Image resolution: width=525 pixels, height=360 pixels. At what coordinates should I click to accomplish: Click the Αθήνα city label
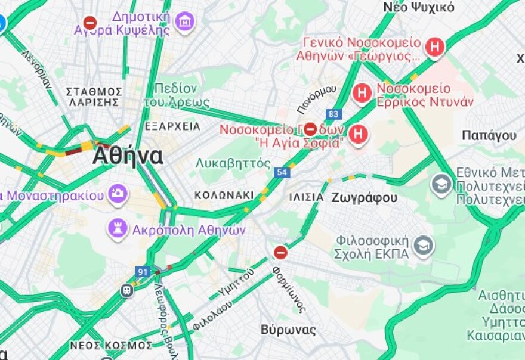tap(127, 156)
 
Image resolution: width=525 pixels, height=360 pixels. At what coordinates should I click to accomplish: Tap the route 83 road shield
tap(333, 113)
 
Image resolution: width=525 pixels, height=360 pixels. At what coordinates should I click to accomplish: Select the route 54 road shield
tap(282, 172)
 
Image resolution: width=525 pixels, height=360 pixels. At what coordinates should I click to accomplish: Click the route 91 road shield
tap(142, 272)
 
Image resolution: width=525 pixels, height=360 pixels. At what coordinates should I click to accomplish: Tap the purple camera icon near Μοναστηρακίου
tap(118, 194)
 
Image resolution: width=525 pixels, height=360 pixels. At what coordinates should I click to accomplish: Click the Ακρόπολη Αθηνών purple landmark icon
tap(118, 228)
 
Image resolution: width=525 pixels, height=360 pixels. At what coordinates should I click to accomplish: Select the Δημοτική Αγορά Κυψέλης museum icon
tap(186, 22)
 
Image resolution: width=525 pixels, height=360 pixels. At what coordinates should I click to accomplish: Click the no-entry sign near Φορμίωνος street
tap(280, 253)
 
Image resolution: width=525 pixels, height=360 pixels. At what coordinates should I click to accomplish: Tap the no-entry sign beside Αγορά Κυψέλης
tap(89, 23)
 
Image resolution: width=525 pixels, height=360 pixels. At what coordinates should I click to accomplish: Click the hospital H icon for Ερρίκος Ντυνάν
tap(362, 93)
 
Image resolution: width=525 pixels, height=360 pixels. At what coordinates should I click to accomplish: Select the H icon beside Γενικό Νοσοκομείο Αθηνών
tap(436, 47)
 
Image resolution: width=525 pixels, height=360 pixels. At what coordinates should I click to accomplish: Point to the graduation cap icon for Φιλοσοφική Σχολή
tap(423, 246)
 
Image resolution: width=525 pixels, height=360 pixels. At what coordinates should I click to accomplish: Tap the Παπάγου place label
tap(489, 135)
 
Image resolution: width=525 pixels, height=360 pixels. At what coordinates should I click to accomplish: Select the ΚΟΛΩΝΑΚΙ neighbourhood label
tap(224, 195)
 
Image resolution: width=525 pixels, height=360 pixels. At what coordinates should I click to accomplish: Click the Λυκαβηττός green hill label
tap(233, 163)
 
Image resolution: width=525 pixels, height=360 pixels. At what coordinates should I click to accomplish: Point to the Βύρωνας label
tap(288, 329)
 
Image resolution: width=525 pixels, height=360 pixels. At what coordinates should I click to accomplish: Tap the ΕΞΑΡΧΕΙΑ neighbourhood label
tap(172, 126)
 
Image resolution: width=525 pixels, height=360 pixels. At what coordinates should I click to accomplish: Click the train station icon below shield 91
tap(126, 290)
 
